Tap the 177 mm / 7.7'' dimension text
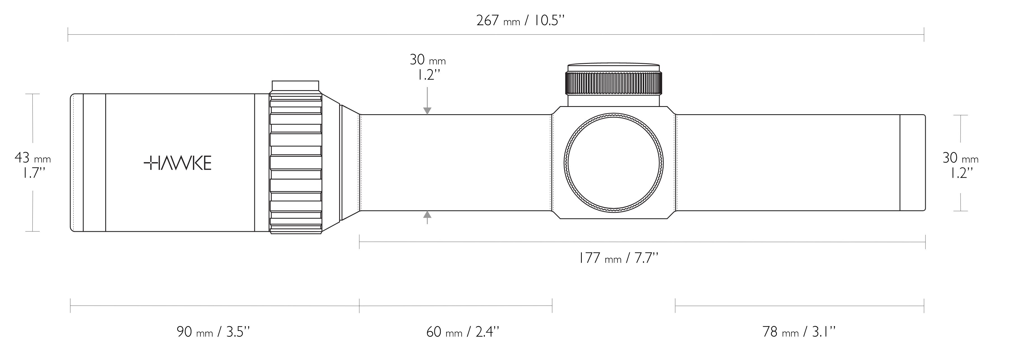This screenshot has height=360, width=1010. (618, 258)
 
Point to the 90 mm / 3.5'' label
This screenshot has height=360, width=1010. (213, 332)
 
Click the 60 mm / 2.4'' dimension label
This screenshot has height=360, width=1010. (462, 332)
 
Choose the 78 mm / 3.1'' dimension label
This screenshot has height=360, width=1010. (799, 332)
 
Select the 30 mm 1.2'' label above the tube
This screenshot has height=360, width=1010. (427, 67)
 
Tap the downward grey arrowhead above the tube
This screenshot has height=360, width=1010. (427, 111)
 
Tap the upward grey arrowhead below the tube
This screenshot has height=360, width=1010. (427, 214)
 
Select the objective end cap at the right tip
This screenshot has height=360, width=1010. (912, 163)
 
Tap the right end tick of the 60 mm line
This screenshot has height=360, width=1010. (552, 305)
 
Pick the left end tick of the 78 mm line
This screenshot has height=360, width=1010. (675, 305)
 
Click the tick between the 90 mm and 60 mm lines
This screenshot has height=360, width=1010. (359, 305)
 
